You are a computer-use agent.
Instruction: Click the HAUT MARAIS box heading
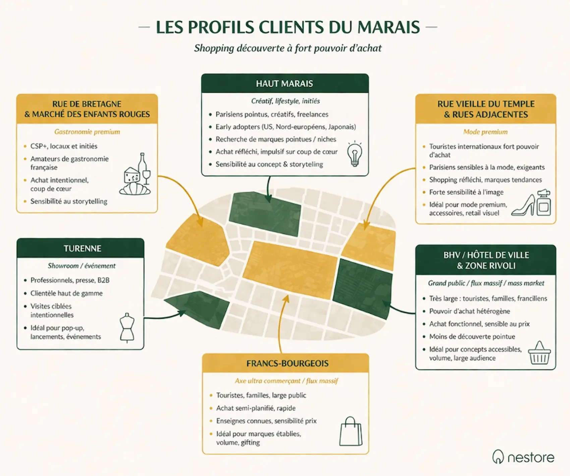[284, 84]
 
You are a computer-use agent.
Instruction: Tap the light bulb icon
[354, 154]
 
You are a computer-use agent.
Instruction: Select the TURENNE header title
[82, 249]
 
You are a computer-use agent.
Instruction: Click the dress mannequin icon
[127, 327]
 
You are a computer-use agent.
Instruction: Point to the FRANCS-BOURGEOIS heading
[287, 363]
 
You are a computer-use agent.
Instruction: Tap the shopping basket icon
[539, 353]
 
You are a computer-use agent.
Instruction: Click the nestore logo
[523, 457]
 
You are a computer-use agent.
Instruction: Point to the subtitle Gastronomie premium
[87, 132]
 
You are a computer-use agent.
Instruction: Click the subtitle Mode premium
[485, 132]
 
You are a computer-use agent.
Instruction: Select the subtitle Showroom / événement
[81, 266]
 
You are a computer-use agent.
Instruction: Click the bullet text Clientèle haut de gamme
[66, 293]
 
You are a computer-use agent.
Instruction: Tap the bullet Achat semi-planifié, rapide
[256, 408]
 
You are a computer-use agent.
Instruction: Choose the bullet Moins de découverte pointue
[472, 337]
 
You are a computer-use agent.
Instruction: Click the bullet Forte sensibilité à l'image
[466, 192]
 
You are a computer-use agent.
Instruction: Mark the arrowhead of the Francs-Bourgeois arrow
[286, 298]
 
